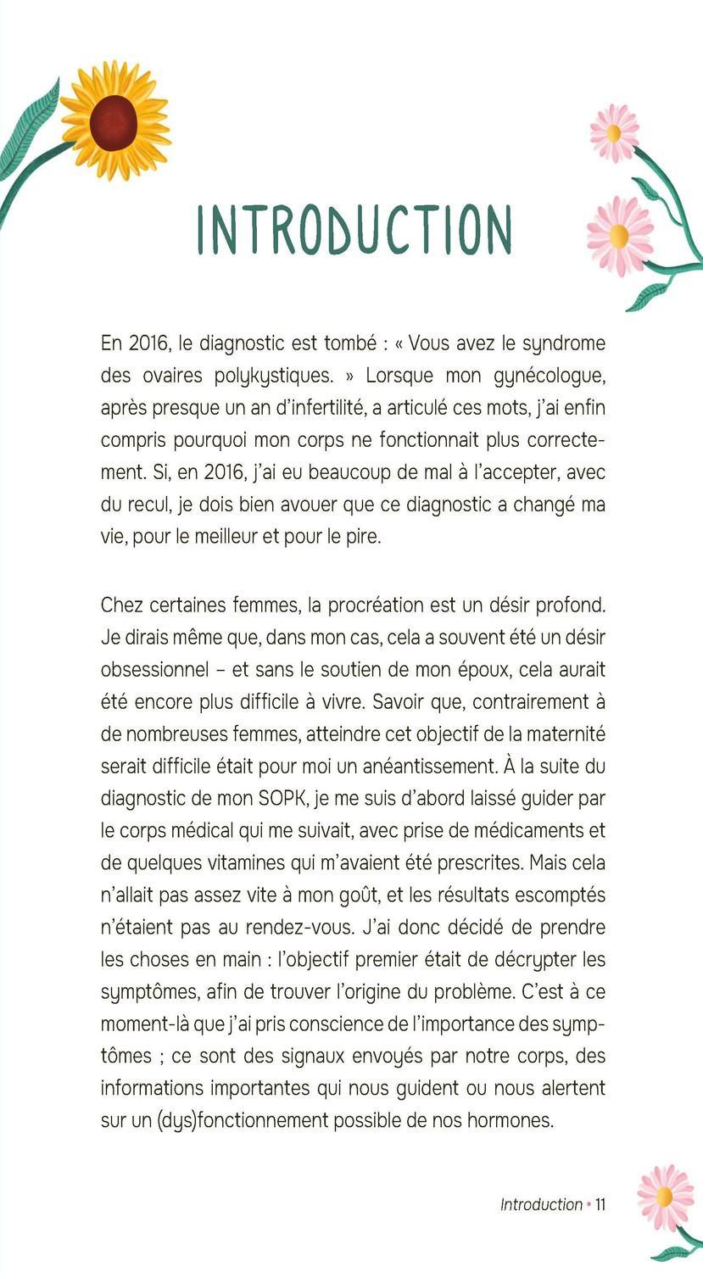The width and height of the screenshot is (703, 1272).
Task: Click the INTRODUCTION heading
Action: pos(354,229)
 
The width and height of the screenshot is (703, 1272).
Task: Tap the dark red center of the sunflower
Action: pos(113,123)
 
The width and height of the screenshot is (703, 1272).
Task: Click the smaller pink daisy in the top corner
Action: pos(614,132)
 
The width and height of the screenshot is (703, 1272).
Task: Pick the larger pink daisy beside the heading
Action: pos(619,235)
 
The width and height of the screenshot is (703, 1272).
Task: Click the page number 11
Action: pos(600,1204)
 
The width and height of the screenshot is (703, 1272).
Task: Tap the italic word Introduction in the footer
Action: pos(541,1204)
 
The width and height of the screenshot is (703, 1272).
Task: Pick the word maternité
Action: pos(562,734)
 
